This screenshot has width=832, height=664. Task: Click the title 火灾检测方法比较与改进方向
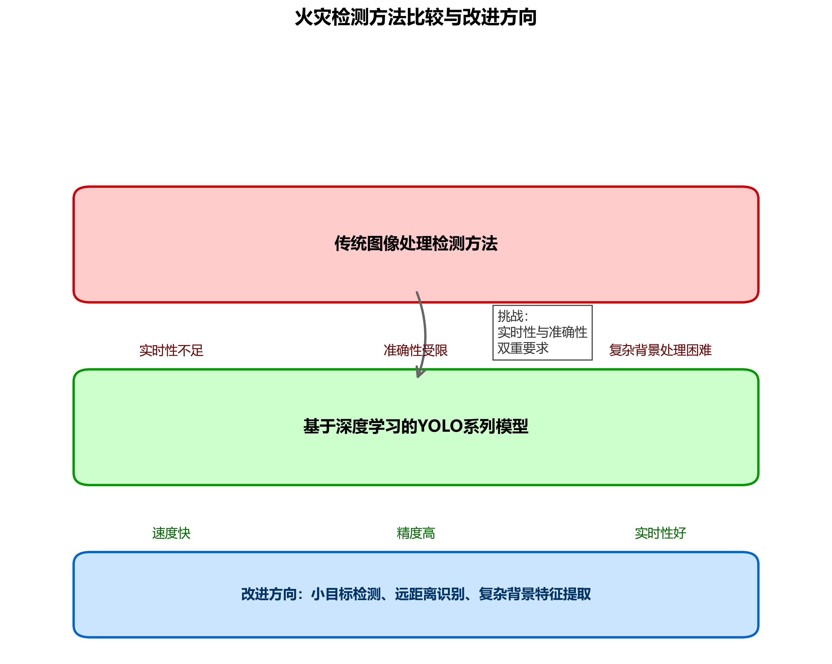point(416,17)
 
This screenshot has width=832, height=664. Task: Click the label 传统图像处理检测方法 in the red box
point(416,243)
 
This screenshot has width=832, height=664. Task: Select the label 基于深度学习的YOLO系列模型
point(416,426)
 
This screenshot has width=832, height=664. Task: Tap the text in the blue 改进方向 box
point(416,594)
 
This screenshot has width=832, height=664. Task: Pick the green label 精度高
point(416,533)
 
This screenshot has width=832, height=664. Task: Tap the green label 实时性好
point(660,533)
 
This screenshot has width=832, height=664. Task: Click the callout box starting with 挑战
point(542,332)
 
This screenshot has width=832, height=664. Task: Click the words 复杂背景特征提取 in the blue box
point(534,594)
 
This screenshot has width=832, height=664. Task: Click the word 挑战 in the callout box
point(510,316)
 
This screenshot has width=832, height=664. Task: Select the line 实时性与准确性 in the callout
point(542,332)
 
